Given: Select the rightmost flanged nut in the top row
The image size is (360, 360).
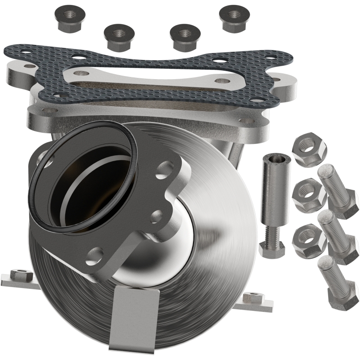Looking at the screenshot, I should click(234, 18).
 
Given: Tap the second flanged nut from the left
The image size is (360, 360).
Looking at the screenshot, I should click(120, 37).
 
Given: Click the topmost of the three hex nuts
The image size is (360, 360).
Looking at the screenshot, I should click(309, 148).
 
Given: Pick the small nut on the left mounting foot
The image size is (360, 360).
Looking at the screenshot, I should click(21, 273).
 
